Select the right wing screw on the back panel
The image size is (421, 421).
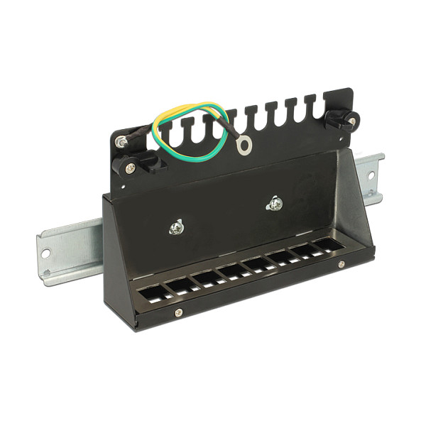(275, 204)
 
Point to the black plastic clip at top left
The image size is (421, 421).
(133, 164)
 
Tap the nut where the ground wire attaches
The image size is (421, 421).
(123, 142)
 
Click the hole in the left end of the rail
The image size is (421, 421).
(45, 252)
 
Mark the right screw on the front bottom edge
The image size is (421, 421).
(341, 264)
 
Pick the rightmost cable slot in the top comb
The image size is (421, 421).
(310, 105)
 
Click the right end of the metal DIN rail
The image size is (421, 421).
(373, 175)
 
